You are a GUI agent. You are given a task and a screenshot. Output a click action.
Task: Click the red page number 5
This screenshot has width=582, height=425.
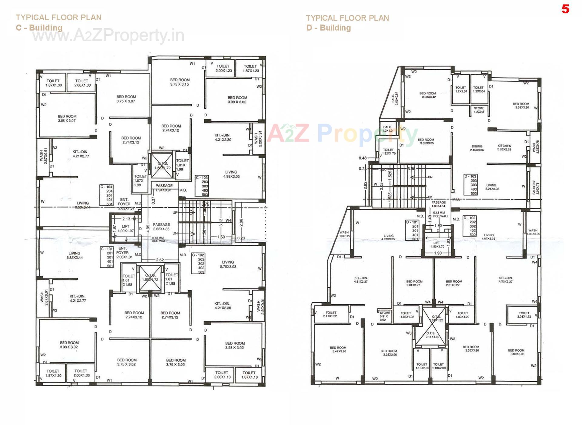click(x=565, y=9)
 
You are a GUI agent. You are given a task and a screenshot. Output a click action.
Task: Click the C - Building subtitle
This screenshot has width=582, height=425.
click(x=39, y=28)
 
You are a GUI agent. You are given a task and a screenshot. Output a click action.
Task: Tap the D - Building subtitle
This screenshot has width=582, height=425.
click(x=328, y=28)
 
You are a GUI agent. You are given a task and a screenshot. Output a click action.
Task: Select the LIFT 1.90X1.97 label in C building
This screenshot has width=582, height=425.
click(x=125, y=229)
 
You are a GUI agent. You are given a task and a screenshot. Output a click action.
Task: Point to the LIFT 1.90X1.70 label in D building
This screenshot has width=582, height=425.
click(x=437, y=245)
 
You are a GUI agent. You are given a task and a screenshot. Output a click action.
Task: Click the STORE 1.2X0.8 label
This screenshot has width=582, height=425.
click(x=479, y=110)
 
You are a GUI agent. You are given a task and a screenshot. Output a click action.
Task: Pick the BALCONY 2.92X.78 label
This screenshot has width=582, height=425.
click(x=535, y=187)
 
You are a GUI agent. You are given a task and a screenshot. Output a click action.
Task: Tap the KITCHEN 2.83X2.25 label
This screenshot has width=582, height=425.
click(x=504, y=147)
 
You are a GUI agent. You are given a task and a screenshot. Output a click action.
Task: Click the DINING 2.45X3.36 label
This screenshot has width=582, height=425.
click(x=477, y=148)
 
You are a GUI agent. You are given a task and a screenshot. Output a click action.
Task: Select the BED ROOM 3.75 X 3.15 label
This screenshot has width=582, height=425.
click(x=179, y=82)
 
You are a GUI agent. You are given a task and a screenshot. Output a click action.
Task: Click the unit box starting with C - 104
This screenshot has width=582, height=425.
click(x=107, y=195)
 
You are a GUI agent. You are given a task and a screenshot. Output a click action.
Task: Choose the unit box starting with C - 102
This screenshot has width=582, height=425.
click(x=199, y=264)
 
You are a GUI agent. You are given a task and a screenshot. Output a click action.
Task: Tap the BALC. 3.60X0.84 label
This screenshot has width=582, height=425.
click(x=395, y=99)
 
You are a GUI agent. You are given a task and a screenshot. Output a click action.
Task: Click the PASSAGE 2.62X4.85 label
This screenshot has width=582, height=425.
click(x=161, y=227)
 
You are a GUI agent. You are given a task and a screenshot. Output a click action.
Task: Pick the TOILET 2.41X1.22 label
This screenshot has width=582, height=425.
click(x=331, y=314)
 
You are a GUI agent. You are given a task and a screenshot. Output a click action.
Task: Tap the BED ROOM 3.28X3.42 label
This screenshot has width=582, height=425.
click(x=427, y=95)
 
